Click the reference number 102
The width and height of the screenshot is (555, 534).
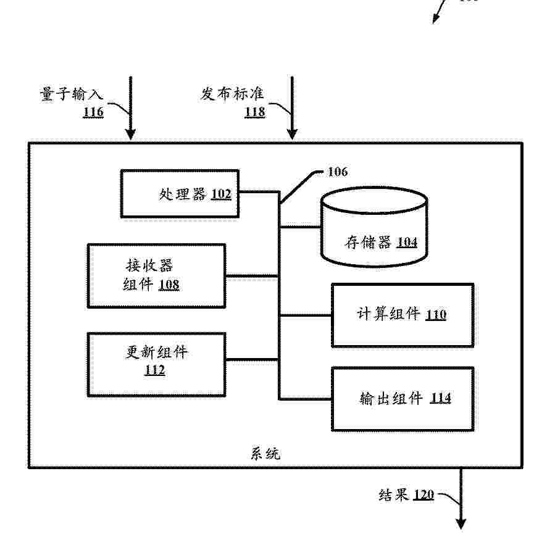tap(221, 194)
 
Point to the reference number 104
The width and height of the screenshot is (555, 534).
tap(407, 243)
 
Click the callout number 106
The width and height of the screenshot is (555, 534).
tap(338, 172)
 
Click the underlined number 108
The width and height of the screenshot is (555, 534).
tap(169, 285)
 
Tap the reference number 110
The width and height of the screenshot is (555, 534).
tap(436, 315)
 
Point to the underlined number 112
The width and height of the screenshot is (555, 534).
tap(155, 370)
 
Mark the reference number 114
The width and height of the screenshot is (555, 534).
tap(441, 398)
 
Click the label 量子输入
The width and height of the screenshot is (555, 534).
tap(71, 94)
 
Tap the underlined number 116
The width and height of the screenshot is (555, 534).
tap(93, 112)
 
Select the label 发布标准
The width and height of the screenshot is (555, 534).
tap(232, 94)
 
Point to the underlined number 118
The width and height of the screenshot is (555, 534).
tap(255, 112)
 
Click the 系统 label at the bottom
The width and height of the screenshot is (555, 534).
tap(265, 454)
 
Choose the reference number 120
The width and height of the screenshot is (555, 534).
tap(424, 494)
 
